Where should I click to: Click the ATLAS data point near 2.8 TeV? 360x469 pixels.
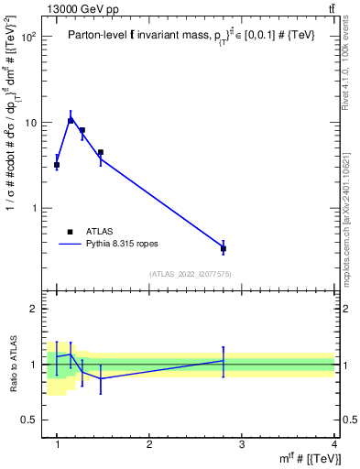click(x=224, y=248)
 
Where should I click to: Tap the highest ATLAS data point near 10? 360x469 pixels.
click(x=71, y=121)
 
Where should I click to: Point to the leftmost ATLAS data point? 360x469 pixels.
click(x=57, y=165)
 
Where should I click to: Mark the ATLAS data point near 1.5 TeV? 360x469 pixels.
click(x=101, y=152)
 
